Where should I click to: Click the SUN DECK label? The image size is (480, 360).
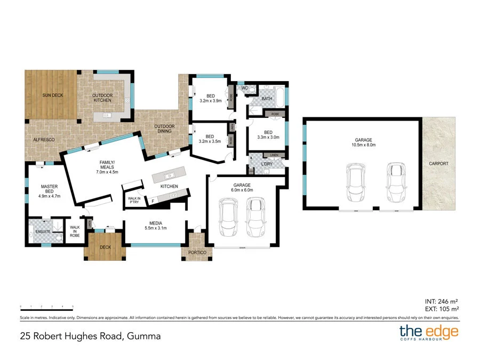click(52, 95)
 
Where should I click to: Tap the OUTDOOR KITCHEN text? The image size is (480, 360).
click(102, 98)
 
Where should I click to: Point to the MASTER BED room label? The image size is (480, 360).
click(49, 191)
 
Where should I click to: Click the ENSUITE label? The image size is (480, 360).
click(43, 231)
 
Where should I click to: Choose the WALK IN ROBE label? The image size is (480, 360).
click(75, 230)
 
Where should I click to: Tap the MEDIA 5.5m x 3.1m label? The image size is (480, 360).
click(156, 226)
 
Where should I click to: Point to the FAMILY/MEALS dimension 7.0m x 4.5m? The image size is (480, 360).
click(107, 172)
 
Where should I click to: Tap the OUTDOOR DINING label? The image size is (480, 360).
click(165, 129)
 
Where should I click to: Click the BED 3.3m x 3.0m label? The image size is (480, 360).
click(268, 135)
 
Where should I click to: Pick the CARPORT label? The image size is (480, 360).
click(438, 164)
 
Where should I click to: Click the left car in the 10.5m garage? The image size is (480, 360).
click(355, 182)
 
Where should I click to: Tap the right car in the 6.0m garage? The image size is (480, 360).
click(256, 218)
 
